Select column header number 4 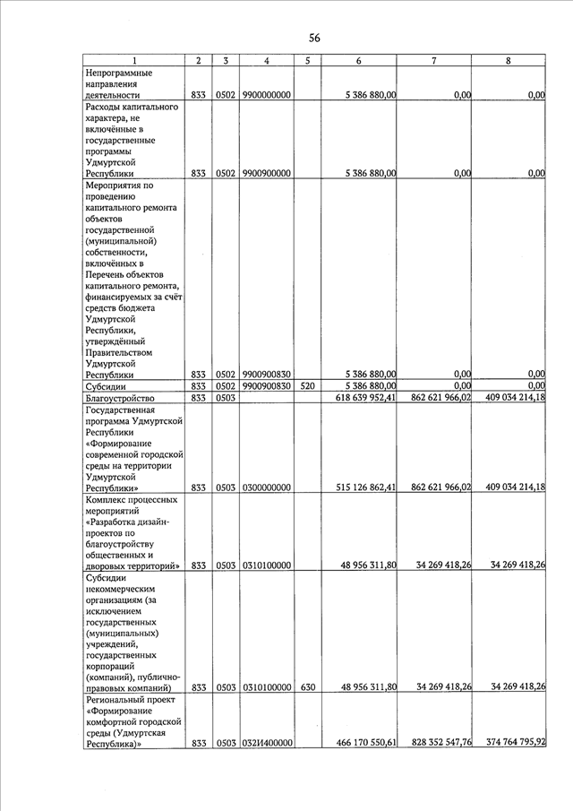click(x=267, y=60)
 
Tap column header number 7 click(x=433, y=60)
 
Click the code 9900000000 click(x=266, y=94)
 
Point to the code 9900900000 click(x=266, y=173)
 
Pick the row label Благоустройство click(x=121, y=398)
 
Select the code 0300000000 click(x=266, y=487)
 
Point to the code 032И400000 click(x=266, y=743)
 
